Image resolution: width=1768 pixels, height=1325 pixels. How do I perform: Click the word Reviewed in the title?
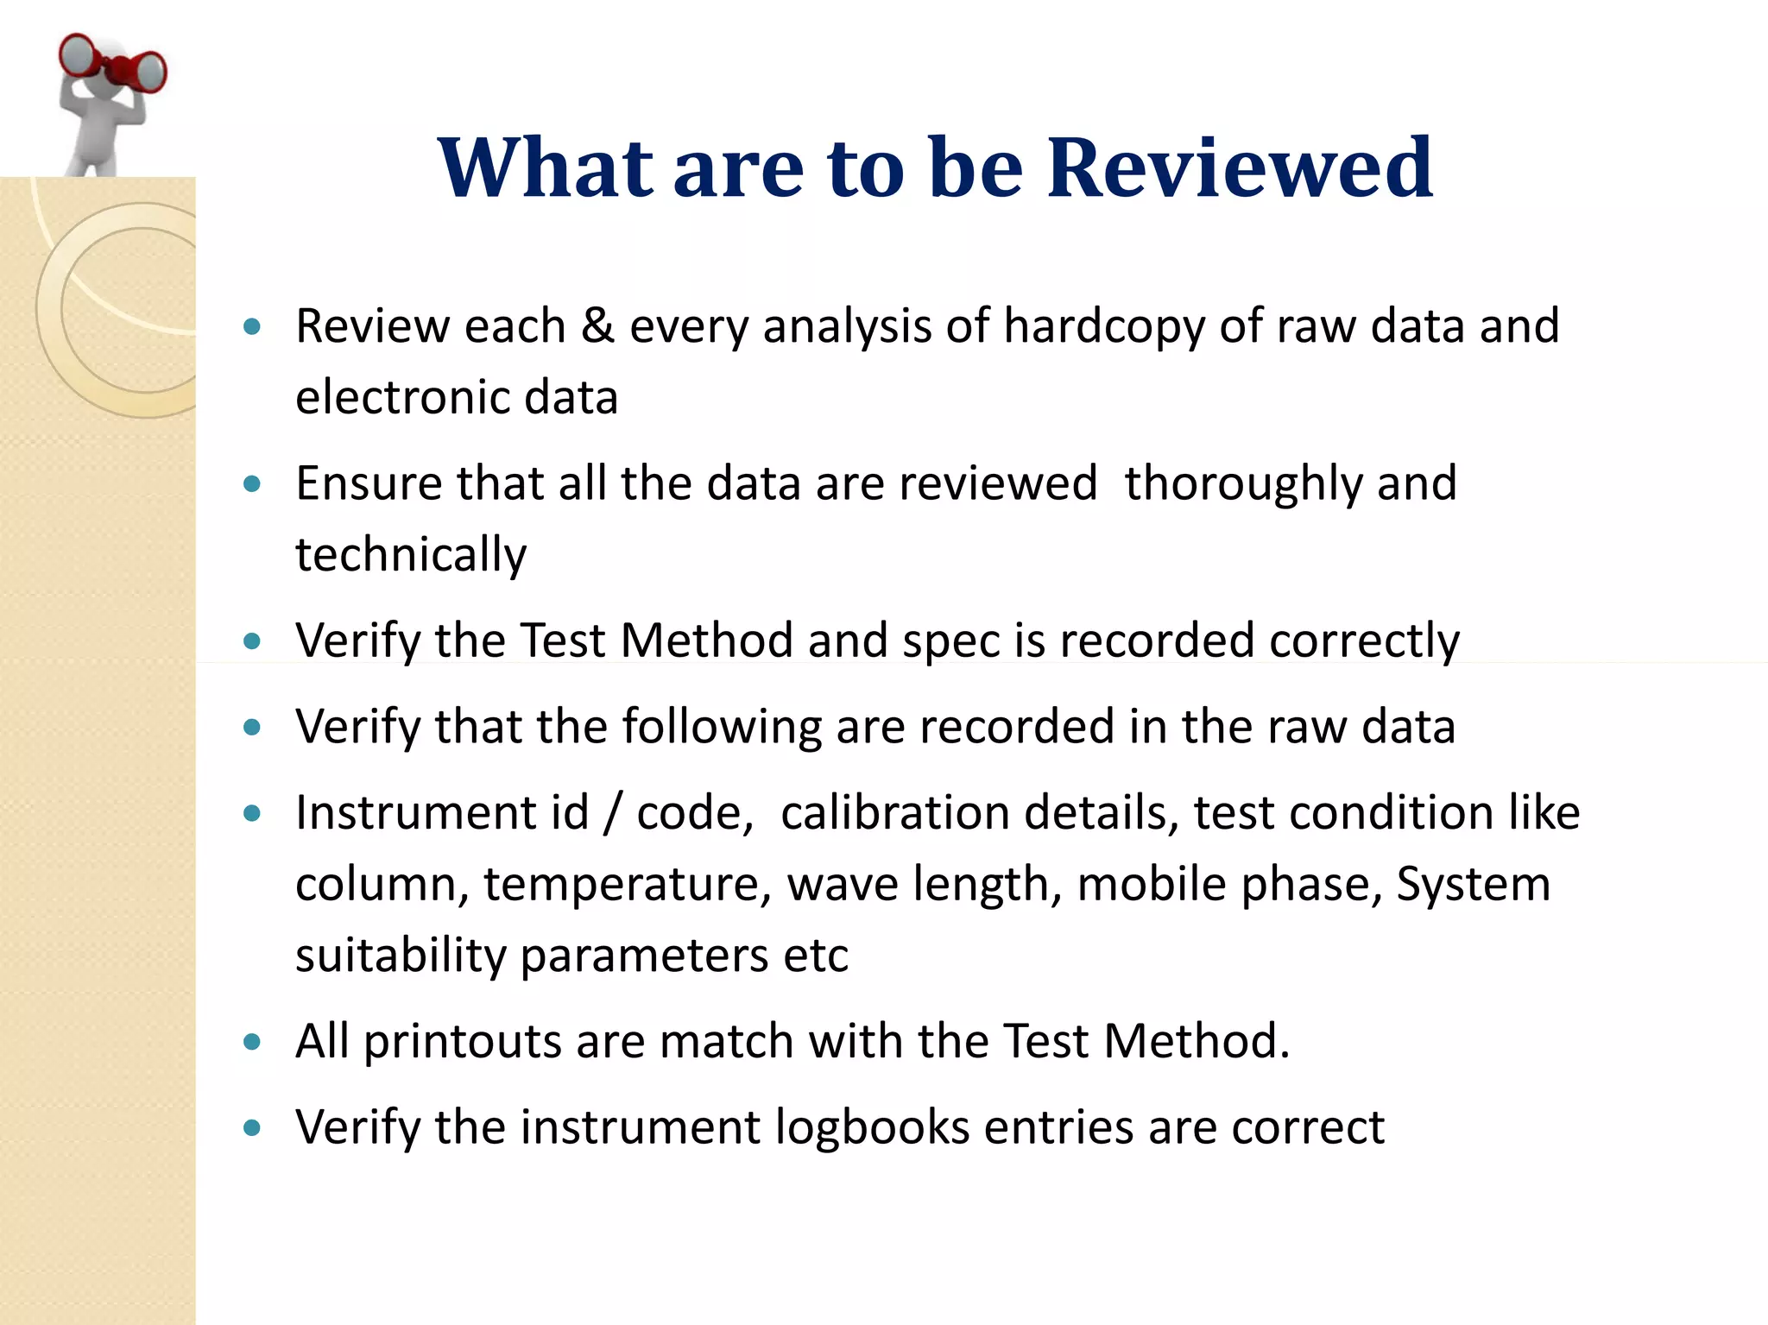1240,167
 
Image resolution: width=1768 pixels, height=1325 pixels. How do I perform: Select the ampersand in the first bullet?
597,326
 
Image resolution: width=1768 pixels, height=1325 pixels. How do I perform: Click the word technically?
411,554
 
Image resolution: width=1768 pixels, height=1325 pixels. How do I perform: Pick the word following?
722,727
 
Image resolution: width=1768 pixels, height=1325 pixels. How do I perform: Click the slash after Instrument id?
612,814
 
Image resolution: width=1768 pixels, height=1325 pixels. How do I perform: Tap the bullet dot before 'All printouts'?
252,1042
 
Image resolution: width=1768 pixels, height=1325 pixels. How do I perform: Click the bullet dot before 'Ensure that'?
252,484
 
